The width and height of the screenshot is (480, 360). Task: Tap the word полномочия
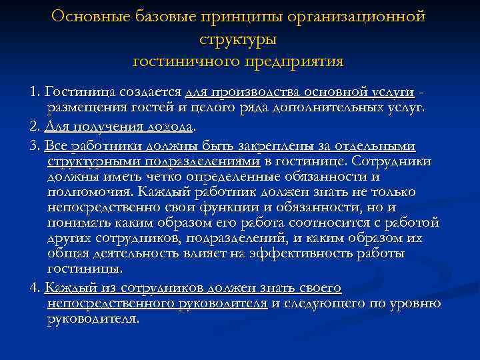(89, 192)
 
